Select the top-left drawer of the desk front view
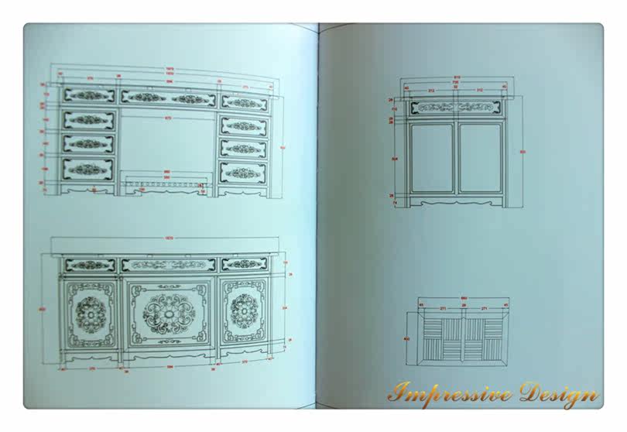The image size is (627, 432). pos(88,96)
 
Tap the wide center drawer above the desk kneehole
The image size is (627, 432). pos(168,98)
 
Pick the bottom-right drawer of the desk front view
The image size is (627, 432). pos(245,171)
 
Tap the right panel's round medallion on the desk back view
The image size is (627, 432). pos(245,310)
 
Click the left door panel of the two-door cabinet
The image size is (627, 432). pos(432,157)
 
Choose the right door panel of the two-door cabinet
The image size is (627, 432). pos(480,157)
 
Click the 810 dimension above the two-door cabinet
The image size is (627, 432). pos(456,77)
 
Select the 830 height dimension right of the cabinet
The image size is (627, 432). pos(522,152)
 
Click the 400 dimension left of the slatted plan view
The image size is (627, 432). pos(406,338)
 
